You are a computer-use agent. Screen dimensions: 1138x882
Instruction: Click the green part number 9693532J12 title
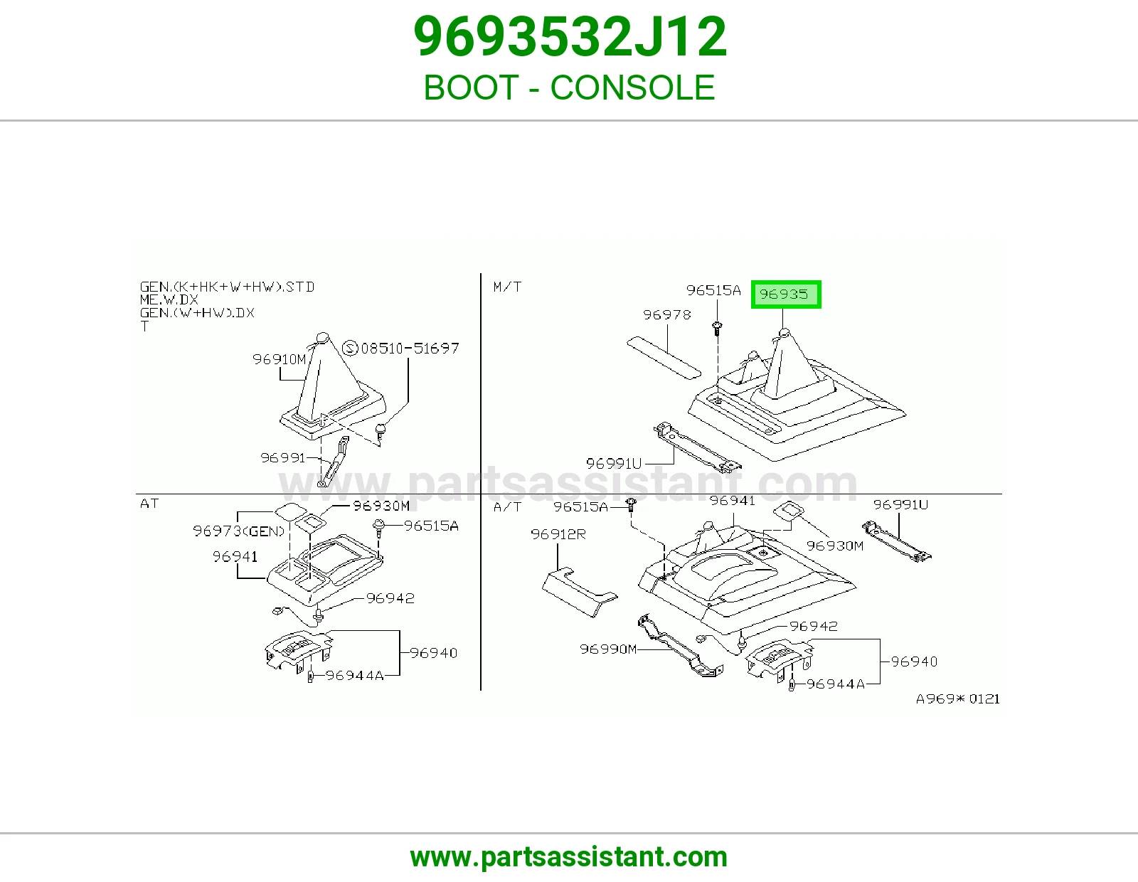click(x=570, y=37)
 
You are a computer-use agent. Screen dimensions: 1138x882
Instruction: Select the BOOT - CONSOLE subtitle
click(x=569, y=87)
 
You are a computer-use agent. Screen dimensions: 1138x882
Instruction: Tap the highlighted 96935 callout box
click(x=786, y=294)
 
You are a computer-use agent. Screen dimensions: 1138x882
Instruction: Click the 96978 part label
click(x=666, y=315)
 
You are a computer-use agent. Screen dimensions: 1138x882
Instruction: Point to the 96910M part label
click(x=279, y=359)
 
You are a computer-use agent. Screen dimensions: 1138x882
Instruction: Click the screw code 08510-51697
click(x=410, y=349)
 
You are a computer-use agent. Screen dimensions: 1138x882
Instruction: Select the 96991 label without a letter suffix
click(x=283, y=458)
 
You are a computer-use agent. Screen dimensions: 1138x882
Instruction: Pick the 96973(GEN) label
click(x=239, y=531)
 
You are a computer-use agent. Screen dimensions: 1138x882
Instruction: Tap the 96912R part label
click(x=558, y=534)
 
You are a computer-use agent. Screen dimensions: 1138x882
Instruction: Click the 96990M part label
click(x=608, y=649)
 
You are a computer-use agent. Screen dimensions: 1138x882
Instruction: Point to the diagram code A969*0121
click(x=958, y=698)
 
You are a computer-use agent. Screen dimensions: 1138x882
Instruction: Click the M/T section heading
click(x=507, y=287)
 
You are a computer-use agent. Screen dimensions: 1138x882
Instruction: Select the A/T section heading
click(x=507, y=507)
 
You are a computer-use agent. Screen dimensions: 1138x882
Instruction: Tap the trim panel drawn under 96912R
click(x=579, y=592)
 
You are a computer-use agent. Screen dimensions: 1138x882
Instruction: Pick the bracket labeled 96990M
click(x=680, y=647)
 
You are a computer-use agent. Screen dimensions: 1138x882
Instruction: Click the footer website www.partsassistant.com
click(x=569, y=857)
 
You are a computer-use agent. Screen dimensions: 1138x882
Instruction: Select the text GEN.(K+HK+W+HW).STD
click(x=227, y=287)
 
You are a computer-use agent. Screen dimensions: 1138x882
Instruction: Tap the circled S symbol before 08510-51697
click(x=350, y=349)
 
